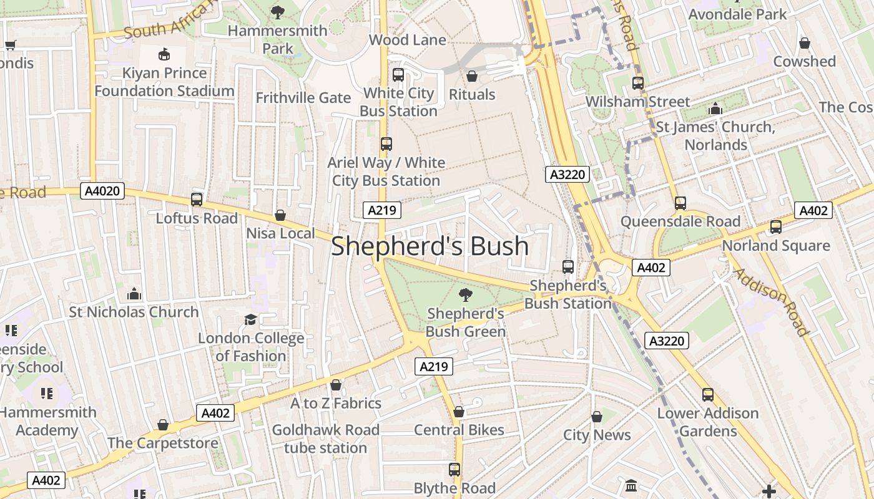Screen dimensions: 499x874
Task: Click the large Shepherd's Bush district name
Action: [x=430, y=246]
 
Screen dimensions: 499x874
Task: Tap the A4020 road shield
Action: [x=102, y=191]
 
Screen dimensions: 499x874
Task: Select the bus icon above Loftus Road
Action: [x=197, y=200]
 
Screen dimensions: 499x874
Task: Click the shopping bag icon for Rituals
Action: [x=472, y=76]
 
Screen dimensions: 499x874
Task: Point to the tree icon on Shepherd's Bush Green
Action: [x=465, y=294]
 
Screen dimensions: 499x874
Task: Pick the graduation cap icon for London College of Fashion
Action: [x=250, y=319]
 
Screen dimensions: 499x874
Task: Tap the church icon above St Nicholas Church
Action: [x=134, y=293]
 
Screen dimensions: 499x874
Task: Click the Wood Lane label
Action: [x=407, y=40]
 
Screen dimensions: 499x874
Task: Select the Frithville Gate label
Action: [x=303, y=98]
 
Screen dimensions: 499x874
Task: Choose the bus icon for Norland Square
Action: [x=776, y=227]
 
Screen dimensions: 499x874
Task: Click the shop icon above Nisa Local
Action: [x=280, y=215]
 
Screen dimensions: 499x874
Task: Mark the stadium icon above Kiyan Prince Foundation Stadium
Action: [x=164, y=54]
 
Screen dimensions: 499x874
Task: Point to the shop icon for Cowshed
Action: [x=805, y=43]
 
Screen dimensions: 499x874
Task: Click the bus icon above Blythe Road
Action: [x=454, y=469]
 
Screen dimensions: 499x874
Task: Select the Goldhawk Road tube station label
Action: [x=325, y=438]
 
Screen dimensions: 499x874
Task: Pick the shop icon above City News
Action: [x=597, y=416]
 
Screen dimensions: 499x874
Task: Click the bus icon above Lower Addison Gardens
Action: [x=707, y=394]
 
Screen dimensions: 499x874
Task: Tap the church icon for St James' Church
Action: [x=715, y=109]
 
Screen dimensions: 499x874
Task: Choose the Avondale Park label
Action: [x=737, y=14]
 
